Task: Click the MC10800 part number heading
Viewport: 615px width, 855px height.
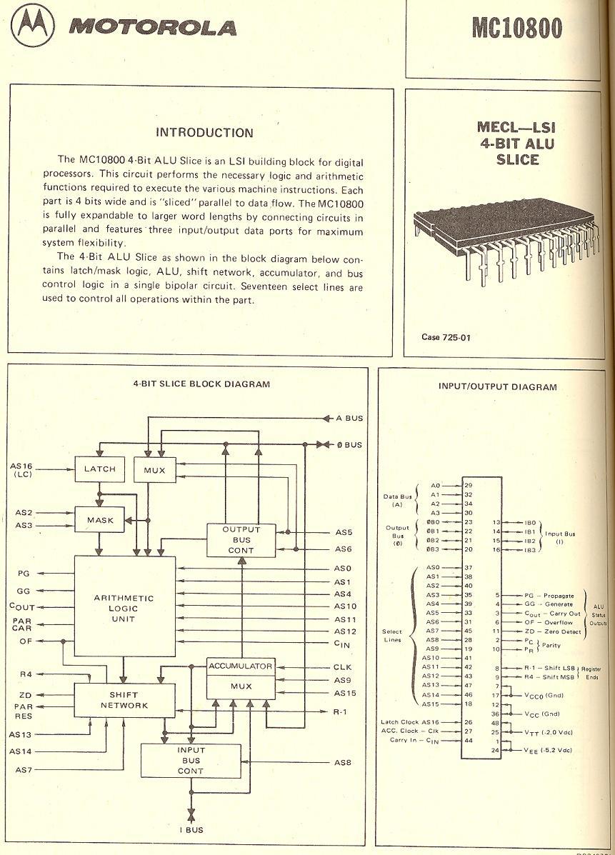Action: (x=516, y=28)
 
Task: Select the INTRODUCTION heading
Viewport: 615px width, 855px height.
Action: (x=204, y=132)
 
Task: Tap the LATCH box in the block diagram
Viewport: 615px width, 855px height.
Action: (x=99, y=469)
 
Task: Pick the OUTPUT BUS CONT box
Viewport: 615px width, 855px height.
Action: (x=241, y=540)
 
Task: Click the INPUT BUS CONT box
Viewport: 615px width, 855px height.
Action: (x=191, y=761)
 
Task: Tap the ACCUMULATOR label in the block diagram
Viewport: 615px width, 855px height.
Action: (x=241, y=666)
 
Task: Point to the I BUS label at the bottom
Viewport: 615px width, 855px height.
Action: (x=191, y=830)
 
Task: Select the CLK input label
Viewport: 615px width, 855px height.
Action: (x=343, y=668)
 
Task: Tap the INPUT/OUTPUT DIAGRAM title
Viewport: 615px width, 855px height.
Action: (x=497, y=386)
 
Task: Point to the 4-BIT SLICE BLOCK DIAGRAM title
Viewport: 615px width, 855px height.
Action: (x=201, y=384)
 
